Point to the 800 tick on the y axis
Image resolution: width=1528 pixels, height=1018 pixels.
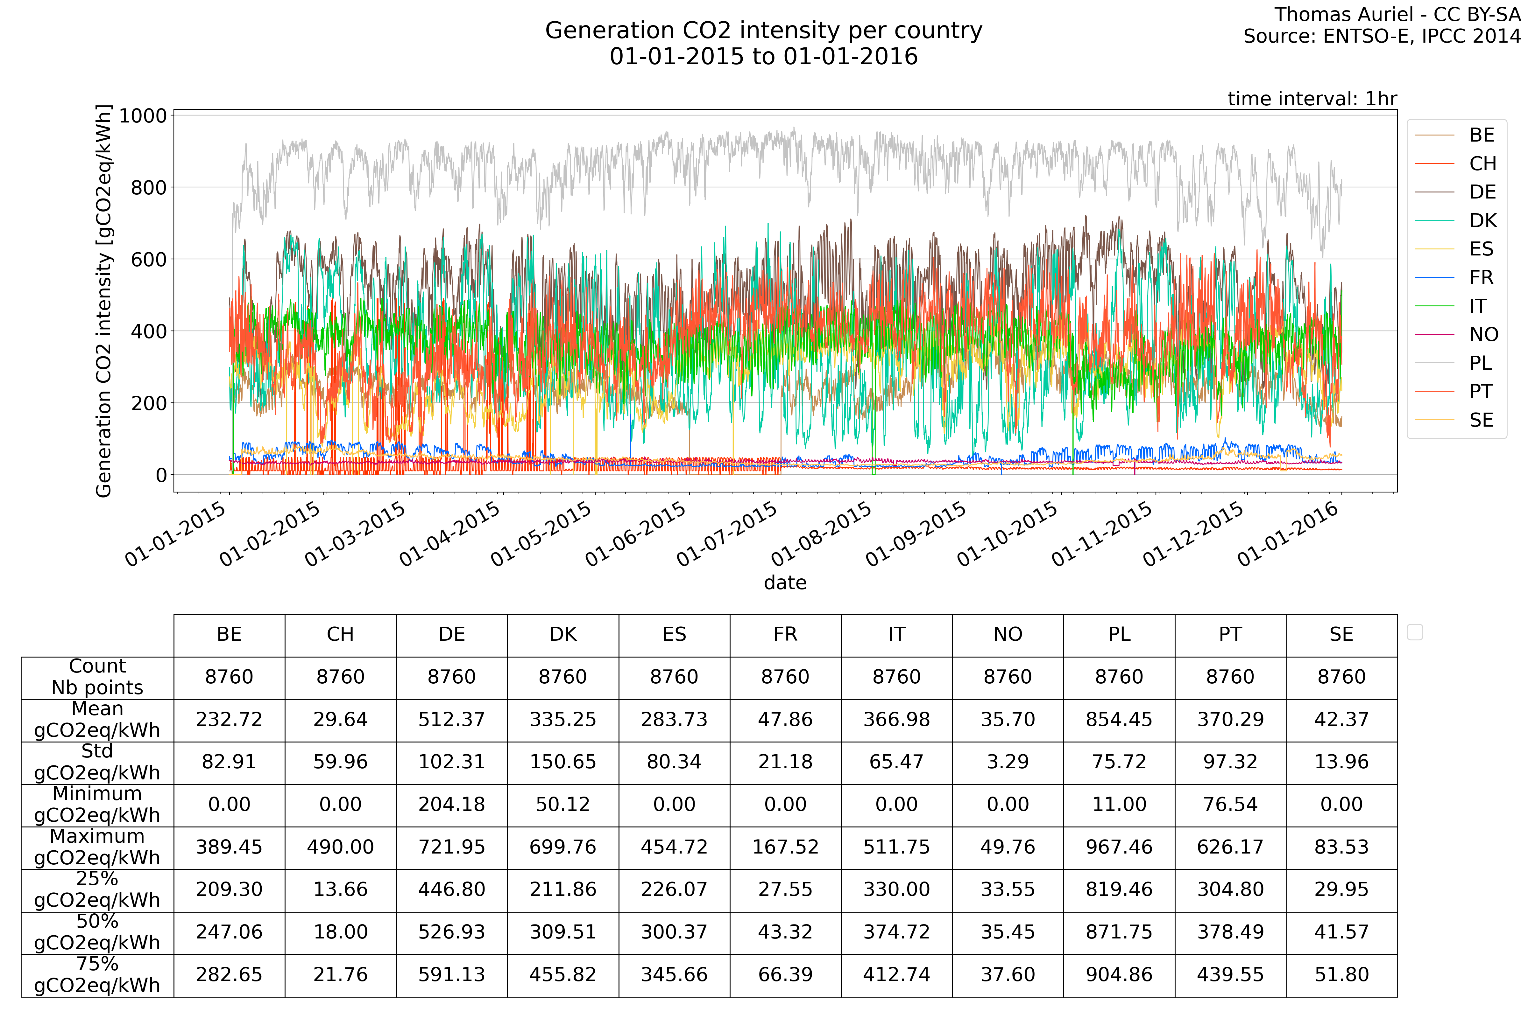click(x=149, y=188)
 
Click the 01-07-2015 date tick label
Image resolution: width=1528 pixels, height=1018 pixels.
click(x=728, y=534)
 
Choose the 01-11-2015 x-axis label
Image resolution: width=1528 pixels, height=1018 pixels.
click(x=1102, y=534)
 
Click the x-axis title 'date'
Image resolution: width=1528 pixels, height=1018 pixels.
click(x=785, y=582)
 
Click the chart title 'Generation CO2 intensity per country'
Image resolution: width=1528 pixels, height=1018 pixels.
click(x=763, y=31)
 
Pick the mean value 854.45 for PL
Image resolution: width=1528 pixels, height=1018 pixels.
click(x=1119, y=719)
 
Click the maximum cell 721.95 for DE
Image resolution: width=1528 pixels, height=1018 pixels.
click(x=451, y=847)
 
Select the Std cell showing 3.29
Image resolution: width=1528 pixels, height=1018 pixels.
click(x=1008, y=762)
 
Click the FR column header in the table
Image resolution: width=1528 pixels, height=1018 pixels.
click(x=785, y=634)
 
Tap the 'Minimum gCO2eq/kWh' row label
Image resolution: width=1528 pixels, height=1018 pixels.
click(x=97, y=805)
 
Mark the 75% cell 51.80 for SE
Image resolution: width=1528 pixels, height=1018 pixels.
click(x=1341, y=974)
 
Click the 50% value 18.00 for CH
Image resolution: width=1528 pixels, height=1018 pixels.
click(x=340, y=932)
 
